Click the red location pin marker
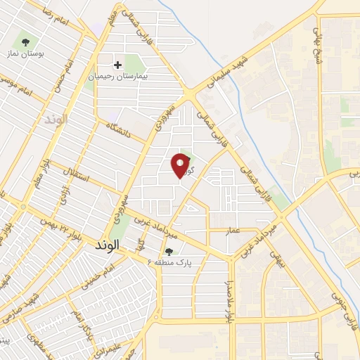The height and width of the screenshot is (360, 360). point(181,165)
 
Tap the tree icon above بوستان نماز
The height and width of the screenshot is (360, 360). point(27,42)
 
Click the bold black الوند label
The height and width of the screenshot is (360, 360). point(107,245)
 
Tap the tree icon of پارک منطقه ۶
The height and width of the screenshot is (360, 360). point(168,251)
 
